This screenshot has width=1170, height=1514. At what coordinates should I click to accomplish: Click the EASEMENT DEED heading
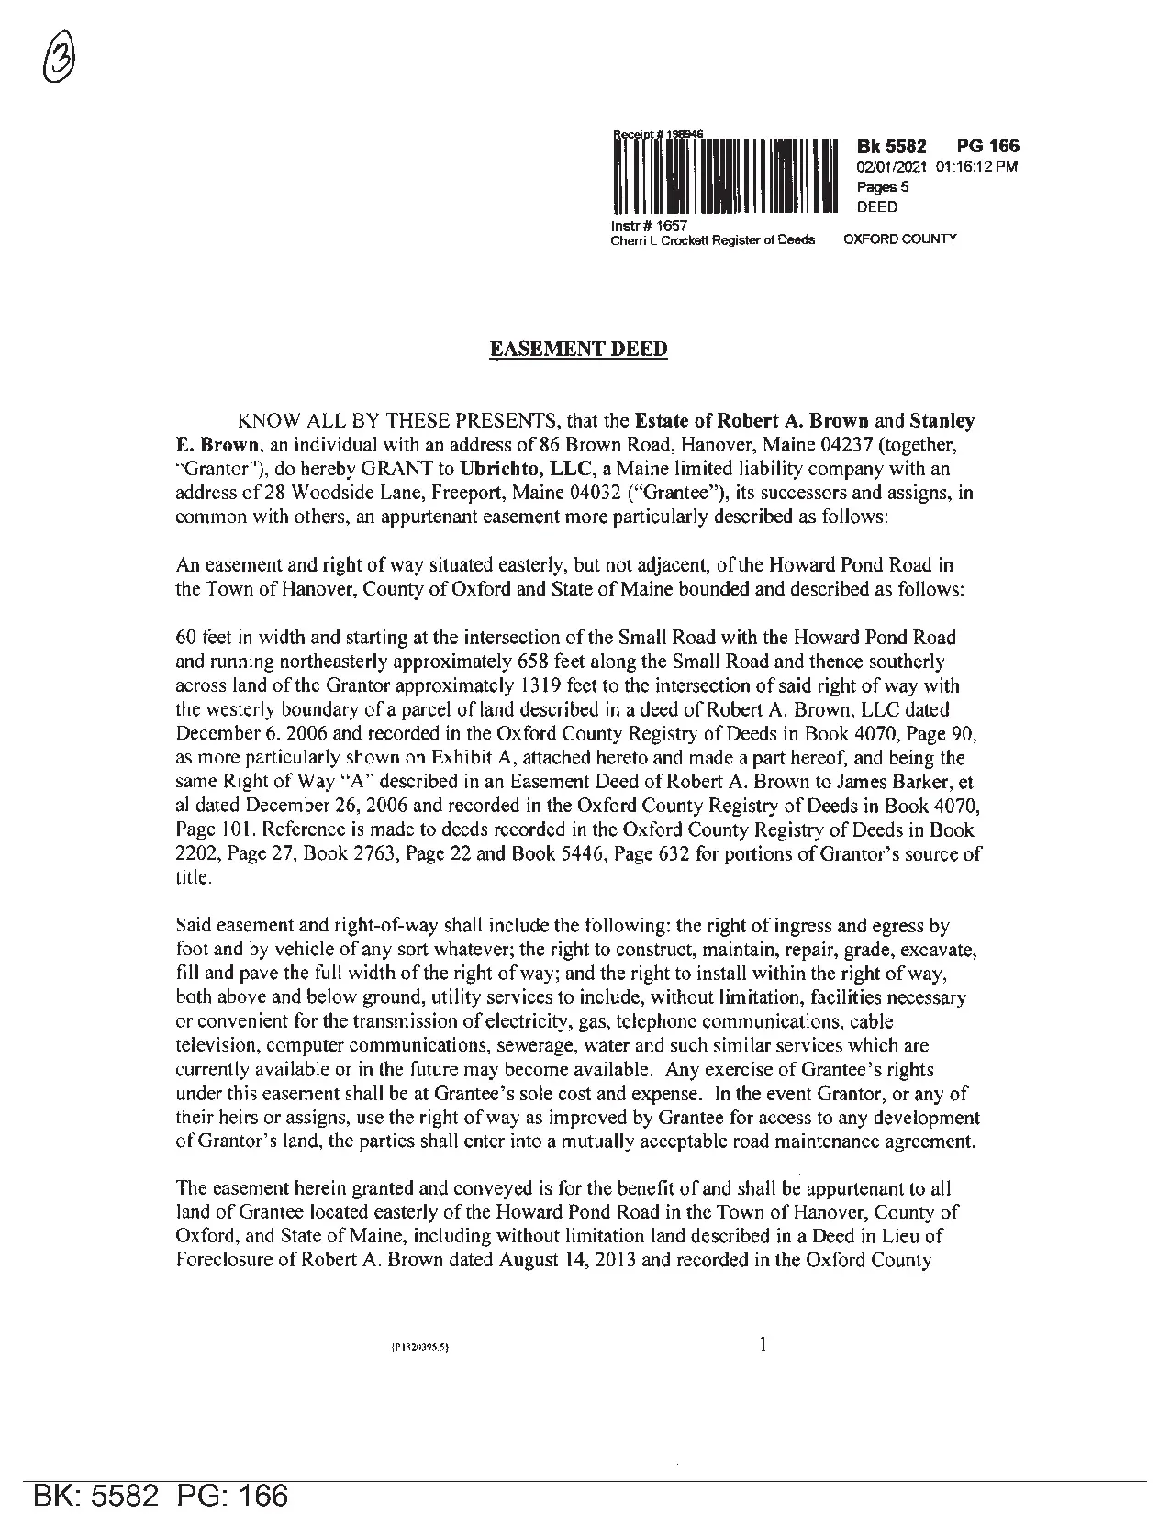579,350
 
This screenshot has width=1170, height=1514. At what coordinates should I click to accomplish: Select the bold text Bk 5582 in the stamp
891,147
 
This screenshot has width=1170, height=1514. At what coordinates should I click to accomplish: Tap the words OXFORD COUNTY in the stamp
899,239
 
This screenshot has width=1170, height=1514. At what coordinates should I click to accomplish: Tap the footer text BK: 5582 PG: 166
161,1496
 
